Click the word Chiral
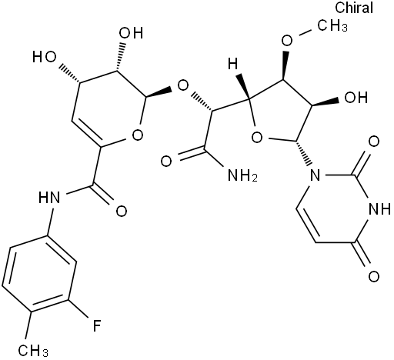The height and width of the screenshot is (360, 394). pos(354,8)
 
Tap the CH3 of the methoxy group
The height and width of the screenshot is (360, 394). pos(332,25)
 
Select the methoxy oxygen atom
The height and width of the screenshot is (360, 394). pos(287,41)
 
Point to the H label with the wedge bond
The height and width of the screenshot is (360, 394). pos(233,64)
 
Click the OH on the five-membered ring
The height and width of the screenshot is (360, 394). pos(356,98)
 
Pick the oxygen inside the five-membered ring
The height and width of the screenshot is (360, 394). pos(257,138)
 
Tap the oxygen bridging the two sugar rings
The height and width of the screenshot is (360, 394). pos(183,86)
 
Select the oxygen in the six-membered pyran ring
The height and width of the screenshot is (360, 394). pos(138,135)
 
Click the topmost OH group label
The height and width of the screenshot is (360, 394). pos(132,33)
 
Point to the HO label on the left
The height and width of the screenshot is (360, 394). pos(44,57)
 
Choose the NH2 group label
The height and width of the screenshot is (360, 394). pos(242,175)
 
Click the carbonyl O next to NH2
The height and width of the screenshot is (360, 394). pos(166,162)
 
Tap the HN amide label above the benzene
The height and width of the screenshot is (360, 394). pos(49,198)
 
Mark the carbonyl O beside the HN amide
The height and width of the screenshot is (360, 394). pos(122,212)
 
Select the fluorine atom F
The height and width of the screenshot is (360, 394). pos(97,325)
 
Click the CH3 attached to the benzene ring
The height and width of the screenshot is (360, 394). pos(33,350)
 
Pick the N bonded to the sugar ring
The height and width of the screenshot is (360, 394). pos(315,175)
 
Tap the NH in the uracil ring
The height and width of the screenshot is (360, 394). pos(379,209)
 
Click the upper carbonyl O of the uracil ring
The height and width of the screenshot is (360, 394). pos(374,142)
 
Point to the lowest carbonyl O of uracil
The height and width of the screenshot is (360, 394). pos(374,276)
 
